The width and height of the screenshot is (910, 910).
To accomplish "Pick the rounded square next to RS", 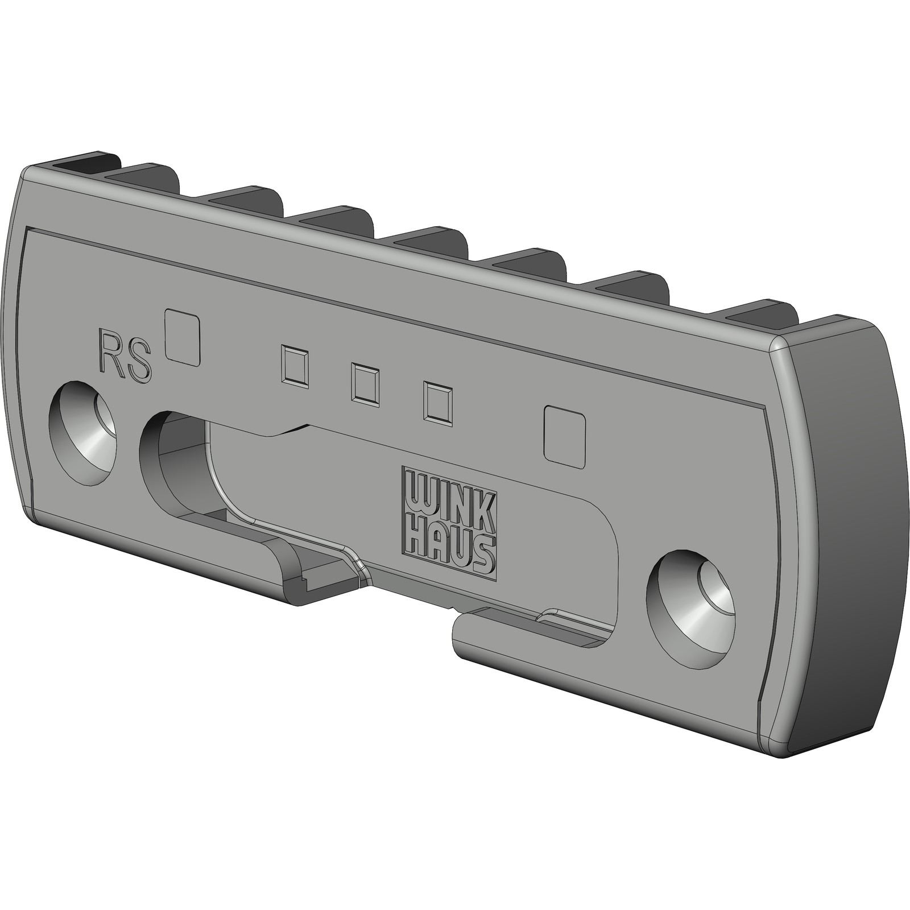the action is coord(183,337).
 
